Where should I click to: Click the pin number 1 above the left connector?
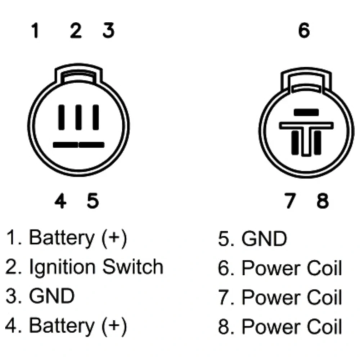pos(35,30)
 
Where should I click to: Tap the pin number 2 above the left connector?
pos(76,30)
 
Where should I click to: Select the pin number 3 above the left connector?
pos(108,30)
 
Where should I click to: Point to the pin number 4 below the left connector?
pos(60,201)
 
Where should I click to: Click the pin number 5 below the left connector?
pos(93,201)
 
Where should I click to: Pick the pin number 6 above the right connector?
pos(304,30)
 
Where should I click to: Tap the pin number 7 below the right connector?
pos(290,201)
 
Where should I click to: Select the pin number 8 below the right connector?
pos(323,201)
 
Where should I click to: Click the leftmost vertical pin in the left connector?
pos(61,117)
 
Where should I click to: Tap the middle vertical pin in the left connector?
pos(78,117)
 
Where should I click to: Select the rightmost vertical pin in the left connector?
pos(96,117)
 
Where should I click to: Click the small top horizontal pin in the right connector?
pos(306,112)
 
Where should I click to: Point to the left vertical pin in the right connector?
pos(295,143)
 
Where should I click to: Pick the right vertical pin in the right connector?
pos(318,143)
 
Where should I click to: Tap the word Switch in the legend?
pos(133,266)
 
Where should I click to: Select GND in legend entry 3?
pos(52,296)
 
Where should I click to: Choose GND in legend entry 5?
pos(264,239)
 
